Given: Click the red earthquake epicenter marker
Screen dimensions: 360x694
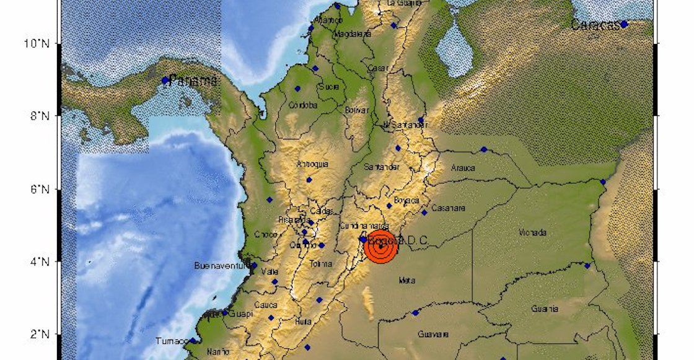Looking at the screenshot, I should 381,247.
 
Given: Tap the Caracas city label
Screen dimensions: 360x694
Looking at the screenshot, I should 595,25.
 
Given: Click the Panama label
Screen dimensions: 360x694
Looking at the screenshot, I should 193,80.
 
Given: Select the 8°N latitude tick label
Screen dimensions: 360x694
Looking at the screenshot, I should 45,116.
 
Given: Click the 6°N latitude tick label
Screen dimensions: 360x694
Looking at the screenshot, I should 45,188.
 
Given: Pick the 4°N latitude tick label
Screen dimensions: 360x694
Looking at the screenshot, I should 45,261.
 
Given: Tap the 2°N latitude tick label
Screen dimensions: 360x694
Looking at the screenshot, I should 45,335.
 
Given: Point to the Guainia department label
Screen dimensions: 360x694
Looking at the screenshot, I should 545,309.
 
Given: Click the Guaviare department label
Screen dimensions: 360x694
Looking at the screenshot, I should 433,334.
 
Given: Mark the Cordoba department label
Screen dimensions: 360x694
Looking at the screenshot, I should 303,105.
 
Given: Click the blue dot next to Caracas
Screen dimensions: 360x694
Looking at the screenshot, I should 624,24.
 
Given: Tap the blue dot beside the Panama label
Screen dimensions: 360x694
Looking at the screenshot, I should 165,81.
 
